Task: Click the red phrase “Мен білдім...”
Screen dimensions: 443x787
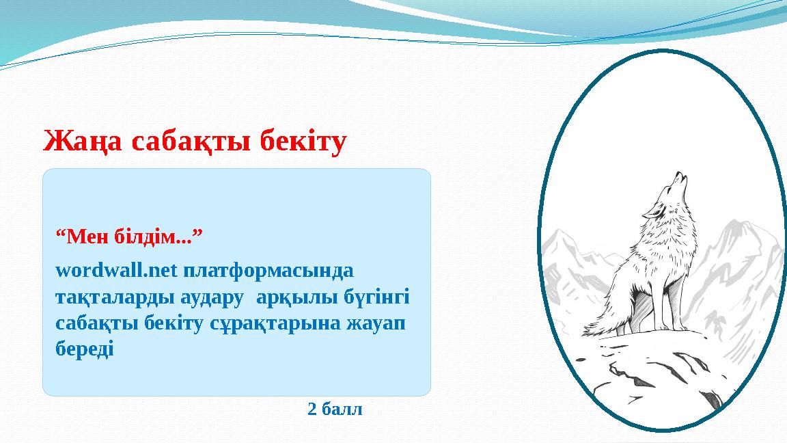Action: [130, 238]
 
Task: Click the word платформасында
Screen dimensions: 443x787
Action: [268, 271]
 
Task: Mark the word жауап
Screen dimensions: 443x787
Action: [378, 323]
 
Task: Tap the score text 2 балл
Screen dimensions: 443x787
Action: [335, 410]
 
